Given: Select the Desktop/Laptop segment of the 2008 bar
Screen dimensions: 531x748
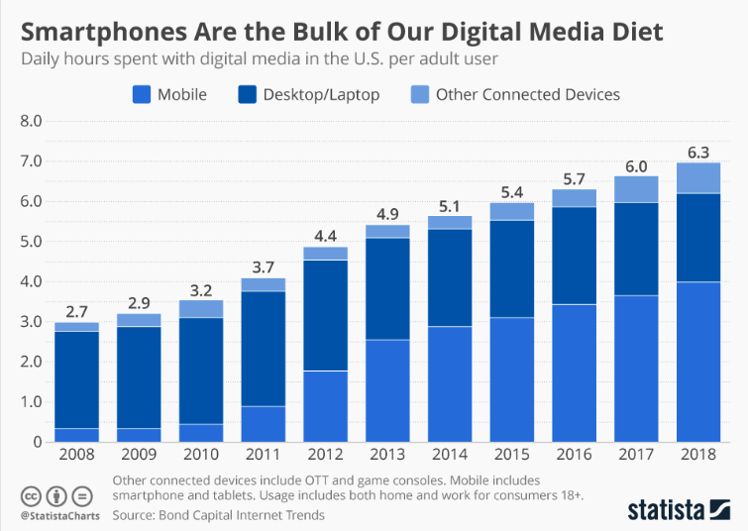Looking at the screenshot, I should pos(76,379).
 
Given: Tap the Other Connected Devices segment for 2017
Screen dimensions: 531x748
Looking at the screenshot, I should pos(636,189).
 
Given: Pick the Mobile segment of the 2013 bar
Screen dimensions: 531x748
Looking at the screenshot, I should pos(386,390).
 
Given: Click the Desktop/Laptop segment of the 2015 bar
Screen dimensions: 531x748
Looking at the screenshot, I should pos(511,268).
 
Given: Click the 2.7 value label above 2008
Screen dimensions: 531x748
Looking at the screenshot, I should pos(76,310).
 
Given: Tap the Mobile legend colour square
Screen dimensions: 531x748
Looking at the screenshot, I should pos(142,95).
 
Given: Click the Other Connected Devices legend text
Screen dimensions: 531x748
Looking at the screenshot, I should pos(527,95).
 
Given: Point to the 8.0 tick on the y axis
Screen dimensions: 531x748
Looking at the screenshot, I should pos(30,121).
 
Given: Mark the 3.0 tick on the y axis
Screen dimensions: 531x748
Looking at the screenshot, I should pos(30,322).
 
